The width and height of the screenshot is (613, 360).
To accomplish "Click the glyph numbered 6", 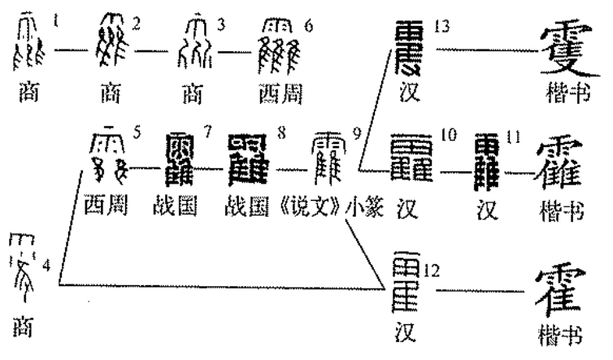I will [x=279, y=43].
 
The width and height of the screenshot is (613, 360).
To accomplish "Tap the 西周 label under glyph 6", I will [x=279, y=94].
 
